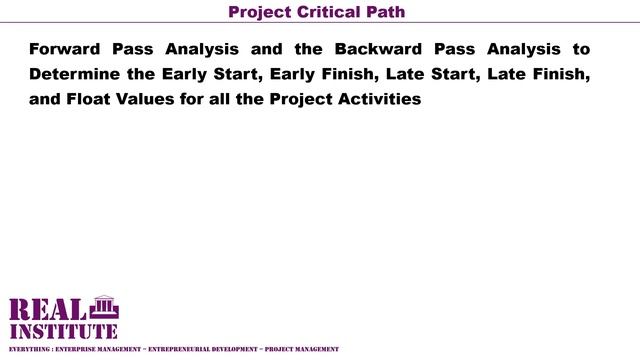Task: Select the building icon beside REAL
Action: click(x=103, y=307)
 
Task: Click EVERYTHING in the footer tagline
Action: click(x=27, y=349)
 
